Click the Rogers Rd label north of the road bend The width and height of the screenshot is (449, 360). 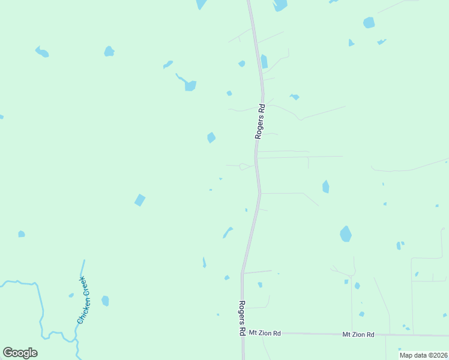tap(260, 122)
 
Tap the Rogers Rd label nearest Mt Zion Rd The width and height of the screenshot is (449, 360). tap(241, 318)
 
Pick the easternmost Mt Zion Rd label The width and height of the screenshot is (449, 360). tap(358, 334)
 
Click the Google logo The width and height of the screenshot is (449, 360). tap(20, 353)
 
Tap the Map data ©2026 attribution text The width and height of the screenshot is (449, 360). tap(423, 355)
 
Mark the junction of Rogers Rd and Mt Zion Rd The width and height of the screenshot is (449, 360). tap(243, 332)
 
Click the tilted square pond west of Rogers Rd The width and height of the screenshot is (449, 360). tap(140, 200)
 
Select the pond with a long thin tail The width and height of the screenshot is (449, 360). tap(189, 85)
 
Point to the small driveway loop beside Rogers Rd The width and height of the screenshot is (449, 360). tap(244, 166)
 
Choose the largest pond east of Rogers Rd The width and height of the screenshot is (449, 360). tap(346, 233)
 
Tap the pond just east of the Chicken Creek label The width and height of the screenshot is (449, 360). tap(106, 301)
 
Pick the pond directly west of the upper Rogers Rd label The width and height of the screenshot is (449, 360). tap(211, 138)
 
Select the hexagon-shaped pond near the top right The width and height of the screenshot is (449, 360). tap(369, 23)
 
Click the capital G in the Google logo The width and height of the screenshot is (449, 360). tap(8, 353)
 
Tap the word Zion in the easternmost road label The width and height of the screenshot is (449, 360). tap(358, 334)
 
